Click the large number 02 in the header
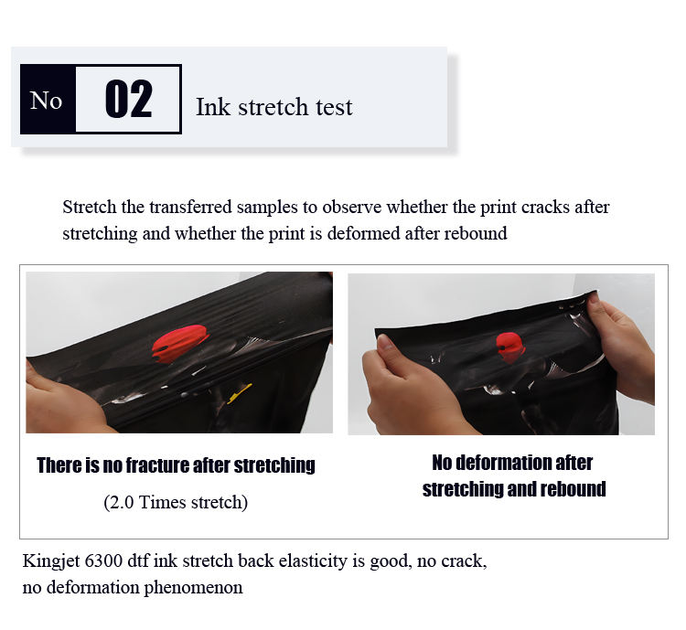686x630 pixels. pos(129,100)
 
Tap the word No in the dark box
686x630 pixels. pos(46,101)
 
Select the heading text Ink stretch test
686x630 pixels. pos(273,107)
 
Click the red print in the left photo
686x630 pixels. pos(180,343)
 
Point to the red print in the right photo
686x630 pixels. pos(509,347)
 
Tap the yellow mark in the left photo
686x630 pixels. pos(240,393)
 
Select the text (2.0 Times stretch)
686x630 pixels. pos(176,502)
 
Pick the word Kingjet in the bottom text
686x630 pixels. pos(50,561)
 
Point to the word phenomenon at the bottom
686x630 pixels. pos(193,587)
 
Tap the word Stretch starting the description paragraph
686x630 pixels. pos(90,207)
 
